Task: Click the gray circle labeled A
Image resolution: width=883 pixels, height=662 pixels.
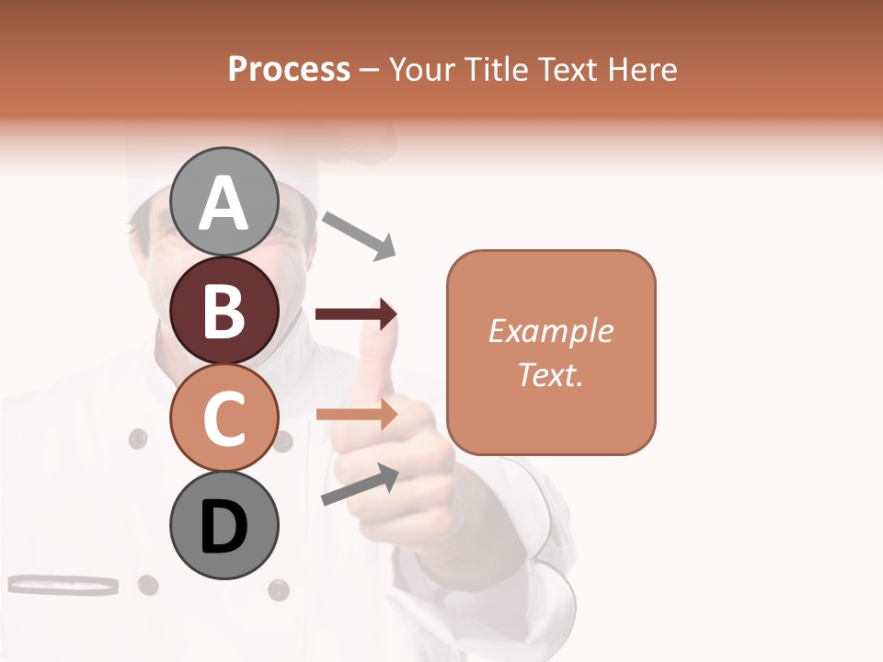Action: coord(224,202)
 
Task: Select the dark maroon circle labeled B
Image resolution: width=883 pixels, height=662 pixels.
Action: coord(224,310)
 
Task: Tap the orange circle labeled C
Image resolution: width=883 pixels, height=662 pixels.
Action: coord(224,418)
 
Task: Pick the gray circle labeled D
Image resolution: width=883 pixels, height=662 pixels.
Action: coord(224,526)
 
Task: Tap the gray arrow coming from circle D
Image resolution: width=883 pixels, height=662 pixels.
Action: coord(360,485)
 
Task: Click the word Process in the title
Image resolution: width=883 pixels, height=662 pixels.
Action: coord(289,70)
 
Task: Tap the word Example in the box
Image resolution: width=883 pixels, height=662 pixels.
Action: coord(551,331)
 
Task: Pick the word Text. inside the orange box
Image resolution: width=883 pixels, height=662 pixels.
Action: coord(551,374)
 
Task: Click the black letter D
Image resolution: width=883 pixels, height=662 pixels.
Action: coord(224,528)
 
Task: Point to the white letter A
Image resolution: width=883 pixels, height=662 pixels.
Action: coord(224,203)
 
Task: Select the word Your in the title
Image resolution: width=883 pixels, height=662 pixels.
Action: coord(423,70)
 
